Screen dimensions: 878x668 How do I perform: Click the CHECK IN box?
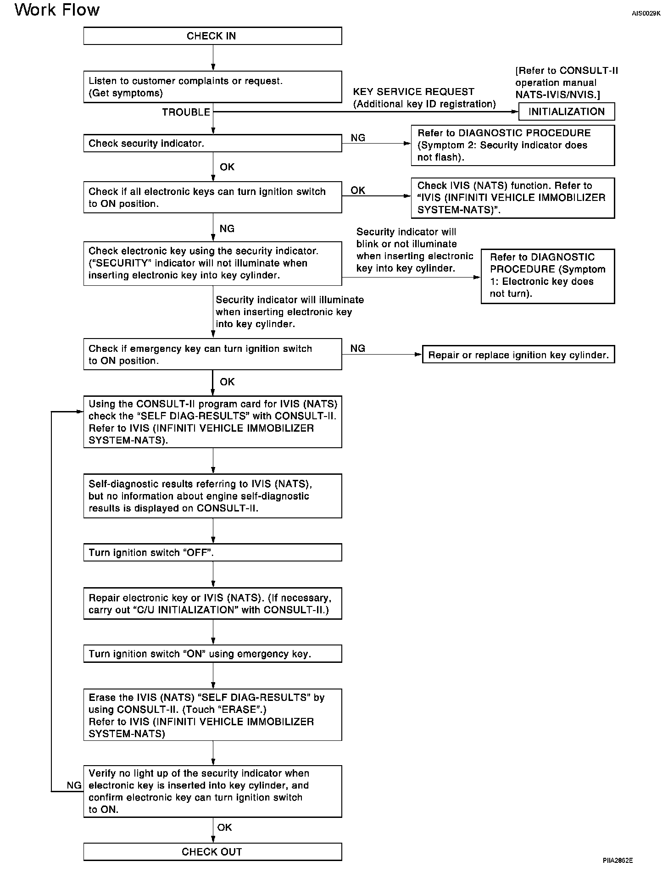tap(212, 36)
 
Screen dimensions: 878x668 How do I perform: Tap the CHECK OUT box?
tap(212, 852)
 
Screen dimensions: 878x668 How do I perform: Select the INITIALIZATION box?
tap(566, 111)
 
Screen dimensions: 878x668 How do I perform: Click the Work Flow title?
tap(57, 10)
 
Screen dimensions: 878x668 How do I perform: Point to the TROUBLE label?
tap(186, 112)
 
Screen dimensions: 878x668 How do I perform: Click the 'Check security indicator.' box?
tap(212, 143)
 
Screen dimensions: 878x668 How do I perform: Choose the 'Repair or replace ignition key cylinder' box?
tap(518, 355)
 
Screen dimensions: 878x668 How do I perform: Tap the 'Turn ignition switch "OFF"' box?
tap(212, 552)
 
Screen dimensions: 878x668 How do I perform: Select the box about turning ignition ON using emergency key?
tap(212, 654)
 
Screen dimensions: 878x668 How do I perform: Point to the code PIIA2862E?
tap(618, 861)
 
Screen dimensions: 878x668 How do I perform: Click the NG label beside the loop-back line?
tap(74, 785)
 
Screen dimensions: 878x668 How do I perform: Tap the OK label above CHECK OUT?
tap(224, 827)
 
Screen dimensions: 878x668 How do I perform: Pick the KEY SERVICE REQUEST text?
tap(413, 92)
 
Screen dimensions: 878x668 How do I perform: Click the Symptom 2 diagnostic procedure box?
tap(512, 145)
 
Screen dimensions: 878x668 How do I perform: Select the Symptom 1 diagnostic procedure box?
tap(547, 276)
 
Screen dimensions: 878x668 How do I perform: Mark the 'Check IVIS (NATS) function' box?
tap(512, 198)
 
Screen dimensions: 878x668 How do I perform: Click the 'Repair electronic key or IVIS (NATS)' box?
tap(212, 604)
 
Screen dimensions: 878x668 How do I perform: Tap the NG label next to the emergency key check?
tap(357, 349)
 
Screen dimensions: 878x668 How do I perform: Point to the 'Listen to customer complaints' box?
tap(212, 87)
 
